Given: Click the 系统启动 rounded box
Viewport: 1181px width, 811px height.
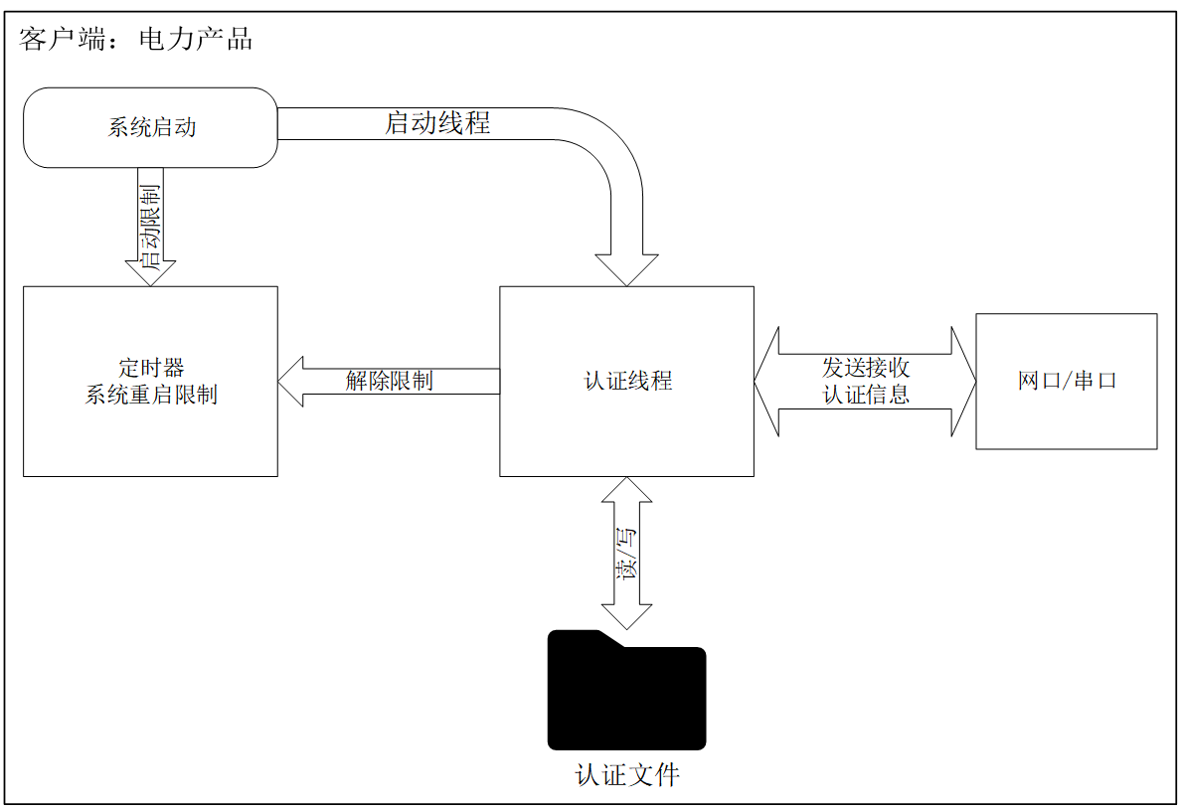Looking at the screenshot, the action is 151,127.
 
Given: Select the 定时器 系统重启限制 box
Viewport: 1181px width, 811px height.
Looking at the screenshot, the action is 151,381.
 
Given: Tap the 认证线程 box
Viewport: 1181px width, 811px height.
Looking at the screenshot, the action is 626,381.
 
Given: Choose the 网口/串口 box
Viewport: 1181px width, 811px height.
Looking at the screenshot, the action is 1067,381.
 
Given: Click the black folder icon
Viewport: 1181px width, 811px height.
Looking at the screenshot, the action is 626,690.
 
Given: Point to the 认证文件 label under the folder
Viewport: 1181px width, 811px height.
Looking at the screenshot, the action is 627,775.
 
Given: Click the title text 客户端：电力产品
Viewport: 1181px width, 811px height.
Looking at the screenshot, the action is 135,39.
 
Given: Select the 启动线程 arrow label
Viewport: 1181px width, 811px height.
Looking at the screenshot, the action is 437,122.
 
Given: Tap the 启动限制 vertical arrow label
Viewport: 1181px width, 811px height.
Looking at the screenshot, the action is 151,228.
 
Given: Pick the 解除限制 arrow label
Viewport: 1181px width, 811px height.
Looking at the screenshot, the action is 390,381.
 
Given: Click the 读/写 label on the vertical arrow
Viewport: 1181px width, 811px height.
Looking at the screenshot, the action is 626,552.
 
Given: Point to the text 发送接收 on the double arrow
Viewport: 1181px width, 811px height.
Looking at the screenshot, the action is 866,368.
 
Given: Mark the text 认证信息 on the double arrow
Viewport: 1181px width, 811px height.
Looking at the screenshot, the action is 866,394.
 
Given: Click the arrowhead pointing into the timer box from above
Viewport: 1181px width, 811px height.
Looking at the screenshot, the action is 151,273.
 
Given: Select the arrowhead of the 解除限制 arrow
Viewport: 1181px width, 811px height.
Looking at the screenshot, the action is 290,382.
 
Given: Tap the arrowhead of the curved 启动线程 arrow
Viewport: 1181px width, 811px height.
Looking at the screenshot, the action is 626,270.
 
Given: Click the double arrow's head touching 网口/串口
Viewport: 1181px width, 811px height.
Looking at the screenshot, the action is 963,382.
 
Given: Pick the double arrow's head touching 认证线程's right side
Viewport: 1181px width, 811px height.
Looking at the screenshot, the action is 766,382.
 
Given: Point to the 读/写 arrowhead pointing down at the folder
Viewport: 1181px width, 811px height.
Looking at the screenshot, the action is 626,617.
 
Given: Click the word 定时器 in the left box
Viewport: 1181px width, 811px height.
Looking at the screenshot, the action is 151,368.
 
